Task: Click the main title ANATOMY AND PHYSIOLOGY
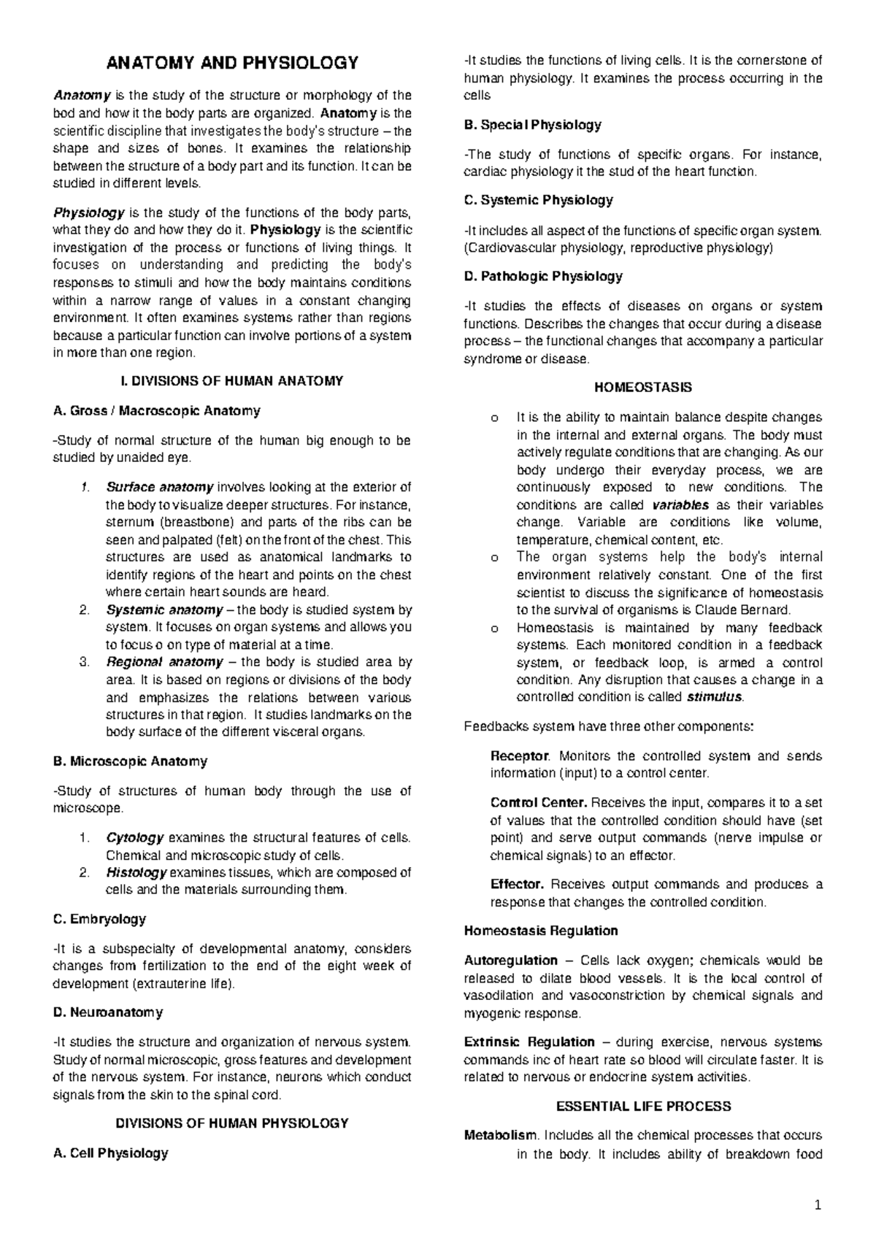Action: click(232, 63)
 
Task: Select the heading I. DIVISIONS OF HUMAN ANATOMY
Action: click(232, 381)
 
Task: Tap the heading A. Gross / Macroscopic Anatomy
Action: click(157, 411)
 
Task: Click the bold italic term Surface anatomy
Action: click(160, 487)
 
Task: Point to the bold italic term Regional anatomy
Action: click(164, 662)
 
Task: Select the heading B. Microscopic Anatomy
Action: click(131, 761)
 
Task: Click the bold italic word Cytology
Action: click(135, 837)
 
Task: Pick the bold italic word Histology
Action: click(137, 872)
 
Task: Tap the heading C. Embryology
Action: click(100, 919)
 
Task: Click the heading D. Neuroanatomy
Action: click(108, 1012)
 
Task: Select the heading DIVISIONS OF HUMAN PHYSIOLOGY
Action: click(232, 1123)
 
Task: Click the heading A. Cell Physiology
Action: click(111, 1153)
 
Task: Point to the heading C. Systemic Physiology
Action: click(539, 200)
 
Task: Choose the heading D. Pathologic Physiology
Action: click(543, 277)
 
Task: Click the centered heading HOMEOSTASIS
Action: click(643, 388)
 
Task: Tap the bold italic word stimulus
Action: click(715, 697)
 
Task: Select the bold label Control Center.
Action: click(539, 803)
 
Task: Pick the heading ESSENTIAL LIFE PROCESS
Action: click(643, 1107)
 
